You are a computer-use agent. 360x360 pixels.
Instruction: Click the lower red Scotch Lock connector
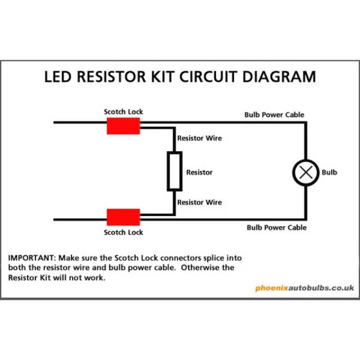coord(123,217)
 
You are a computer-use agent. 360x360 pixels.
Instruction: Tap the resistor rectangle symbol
coord(174,171)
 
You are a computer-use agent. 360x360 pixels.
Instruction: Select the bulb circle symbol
coord(306,172)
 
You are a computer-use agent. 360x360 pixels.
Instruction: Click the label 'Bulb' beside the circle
coord(329,172)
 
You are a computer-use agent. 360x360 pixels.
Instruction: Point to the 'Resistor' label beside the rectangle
coord(199,172)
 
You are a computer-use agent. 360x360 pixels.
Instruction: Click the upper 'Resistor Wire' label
coord(199,138)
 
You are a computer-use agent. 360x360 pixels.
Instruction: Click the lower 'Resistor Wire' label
coord(199,202)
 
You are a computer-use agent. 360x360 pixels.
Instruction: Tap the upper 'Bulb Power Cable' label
coord(274,115)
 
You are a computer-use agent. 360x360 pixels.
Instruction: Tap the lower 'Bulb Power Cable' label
coord(277,227)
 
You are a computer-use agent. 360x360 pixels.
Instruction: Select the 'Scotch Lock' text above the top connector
coord(123,112)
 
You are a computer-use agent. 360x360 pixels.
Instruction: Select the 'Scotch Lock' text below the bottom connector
coord(123,232)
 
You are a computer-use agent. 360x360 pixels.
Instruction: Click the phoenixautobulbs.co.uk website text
coord(304,287)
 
